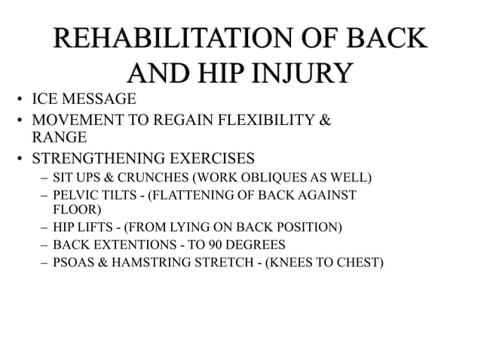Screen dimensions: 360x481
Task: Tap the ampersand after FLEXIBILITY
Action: click(326, 120)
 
